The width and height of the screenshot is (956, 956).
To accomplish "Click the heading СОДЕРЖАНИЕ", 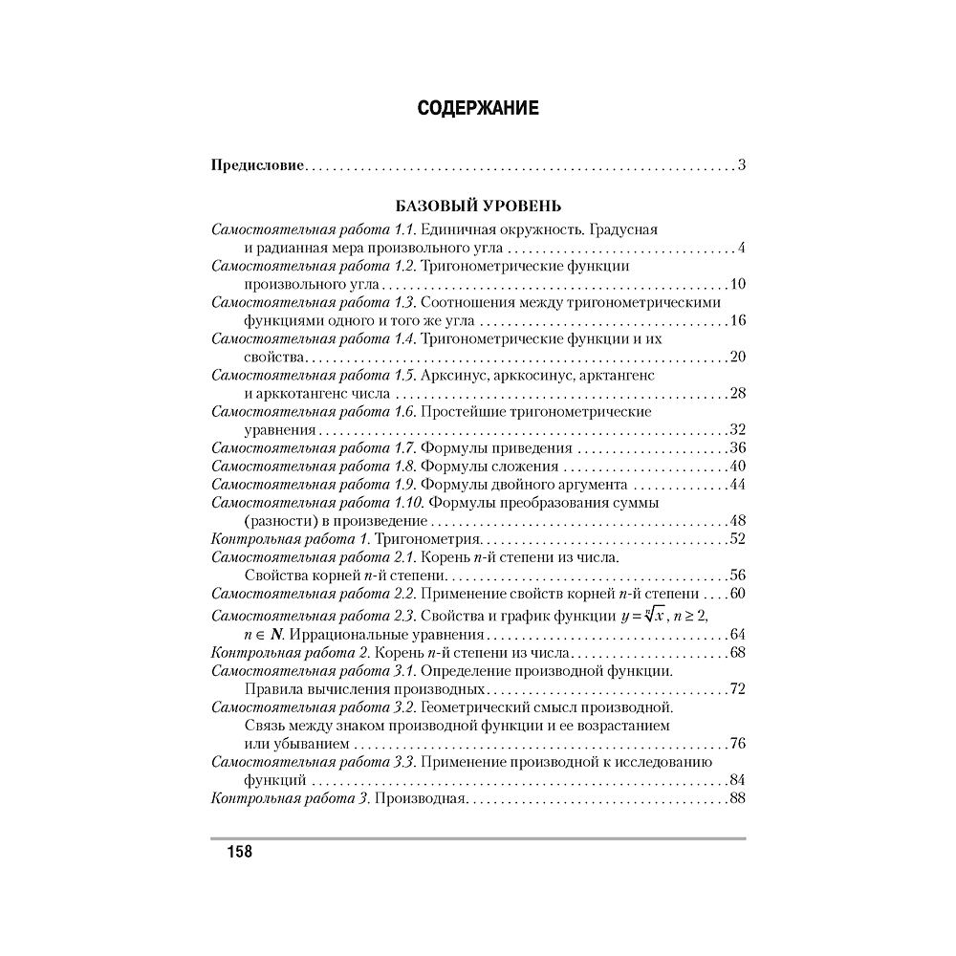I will (478, 108).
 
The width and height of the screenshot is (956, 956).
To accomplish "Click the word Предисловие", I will (257, 166).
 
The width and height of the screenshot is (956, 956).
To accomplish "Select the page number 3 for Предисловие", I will (741, 166).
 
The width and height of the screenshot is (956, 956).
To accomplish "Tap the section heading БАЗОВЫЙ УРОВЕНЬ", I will (478, 206).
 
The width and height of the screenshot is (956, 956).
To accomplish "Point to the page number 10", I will (736, 285).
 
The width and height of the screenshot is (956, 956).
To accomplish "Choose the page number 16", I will (736, 320).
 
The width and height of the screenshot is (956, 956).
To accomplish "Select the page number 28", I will (736, 393).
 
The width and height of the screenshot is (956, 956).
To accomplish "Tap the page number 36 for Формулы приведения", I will (736, 447).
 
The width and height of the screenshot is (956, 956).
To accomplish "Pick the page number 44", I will (736, 484).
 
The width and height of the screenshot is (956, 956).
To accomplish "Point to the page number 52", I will (736, 538).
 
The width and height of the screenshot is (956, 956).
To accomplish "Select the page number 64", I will (736, 634).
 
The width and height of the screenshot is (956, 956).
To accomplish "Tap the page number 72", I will (736, 688).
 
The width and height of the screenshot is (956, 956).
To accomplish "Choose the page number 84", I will (736, 779).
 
